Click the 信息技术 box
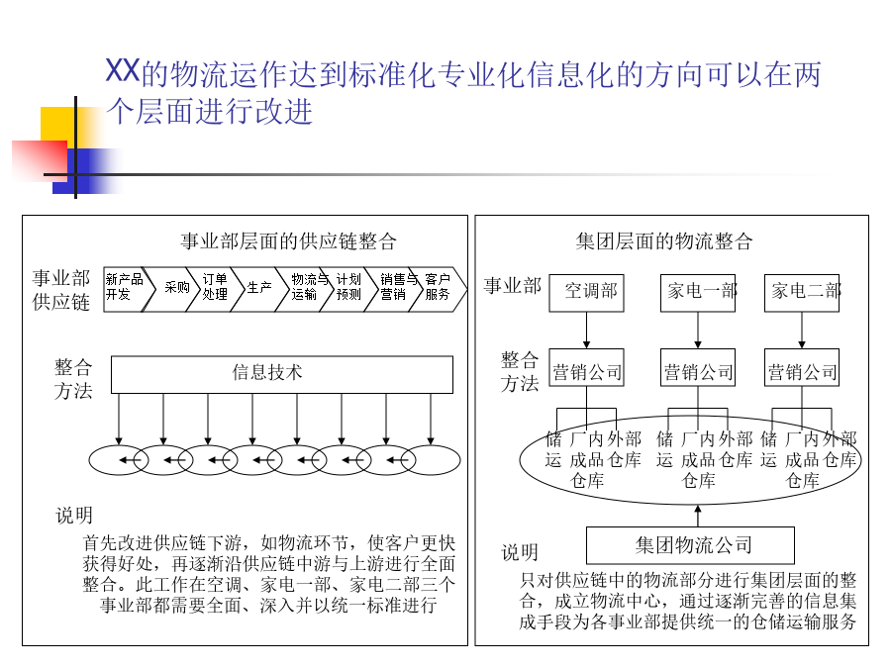282,374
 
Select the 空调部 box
586,293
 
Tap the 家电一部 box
698,293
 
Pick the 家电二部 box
802,293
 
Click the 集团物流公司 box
690,544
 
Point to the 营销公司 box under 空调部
586,367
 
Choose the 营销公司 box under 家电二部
802,367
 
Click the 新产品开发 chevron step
126,289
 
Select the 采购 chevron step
173,289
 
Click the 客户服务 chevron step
440,289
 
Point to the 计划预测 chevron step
350,289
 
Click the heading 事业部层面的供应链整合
289,241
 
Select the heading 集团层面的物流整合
664,241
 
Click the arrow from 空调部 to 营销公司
586,330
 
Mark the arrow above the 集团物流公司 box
698,516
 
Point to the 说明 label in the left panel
74,516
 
